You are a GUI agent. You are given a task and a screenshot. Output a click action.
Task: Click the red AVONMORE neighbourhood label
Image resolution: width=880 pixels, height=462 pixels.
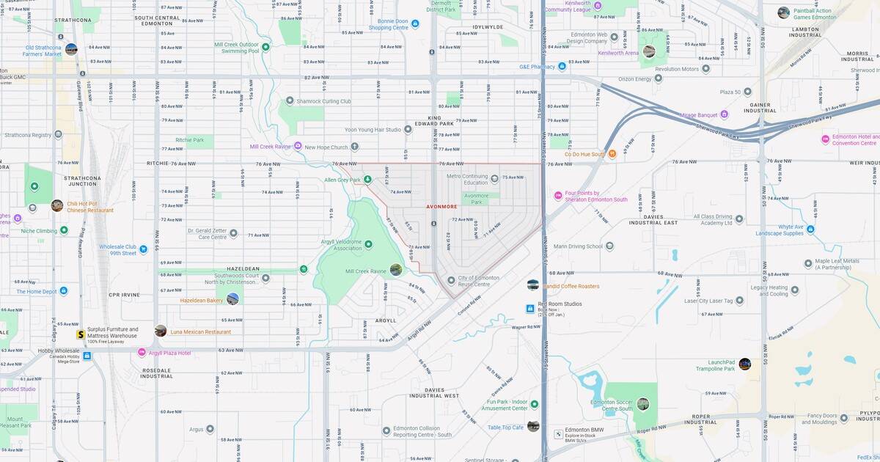coord(442,207)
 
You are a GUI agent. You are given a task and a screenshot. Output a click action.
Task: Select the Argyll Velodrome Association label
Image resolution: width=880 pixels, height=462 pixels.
coord(342,244)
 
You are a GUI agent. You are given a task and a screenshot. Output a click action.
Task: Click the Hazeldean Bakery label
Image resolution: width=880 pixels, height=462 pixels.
coord(202,300)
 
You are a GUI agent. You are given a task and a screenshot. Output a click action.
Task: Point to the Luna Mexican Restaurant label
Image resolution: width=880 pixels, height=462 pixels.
coord(200,331)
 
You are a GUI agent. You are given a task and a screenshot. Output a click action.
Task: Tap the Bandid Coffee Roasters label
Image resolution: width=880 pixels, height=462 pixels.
coord(571,286)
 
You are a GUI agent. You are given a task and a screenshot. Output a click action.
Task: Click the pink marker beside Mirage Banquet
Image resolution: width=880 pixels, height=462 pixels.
coord(724,114)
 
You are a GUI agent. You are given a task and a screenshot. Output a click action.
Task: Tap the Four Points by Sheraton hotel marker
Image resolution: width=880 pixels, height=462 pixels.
coord(558,195)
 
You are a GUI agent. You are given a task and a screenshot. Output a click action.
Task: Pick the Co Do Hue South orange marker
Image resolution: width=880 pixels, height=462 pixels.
coord(612,154)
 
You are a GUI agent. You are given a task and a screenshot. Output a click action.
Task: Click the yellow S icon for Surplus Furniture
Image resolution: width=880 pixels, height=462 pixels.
coord(80,334)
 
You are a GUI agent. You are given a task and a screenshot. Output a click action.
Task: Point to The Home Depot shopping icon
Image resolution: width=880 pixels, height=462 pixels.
coord(64,291)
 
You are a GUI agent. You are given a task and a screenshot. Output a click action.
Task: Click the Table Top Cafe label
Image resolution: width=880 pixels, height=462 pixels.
coord(506,427)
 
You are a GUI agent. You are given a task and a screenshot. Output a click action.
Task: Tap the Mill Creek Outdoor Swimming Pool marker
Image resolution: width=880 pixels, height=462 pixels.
coord(265,48)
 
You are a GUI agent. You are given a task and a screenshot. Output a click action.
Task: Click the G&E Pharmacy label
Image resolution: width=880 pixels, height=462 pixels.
coord(538,67)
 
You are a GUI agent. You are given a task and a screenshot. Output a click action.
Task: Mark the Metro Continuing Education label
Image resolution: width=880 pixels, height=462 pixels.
coord(467,179)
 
